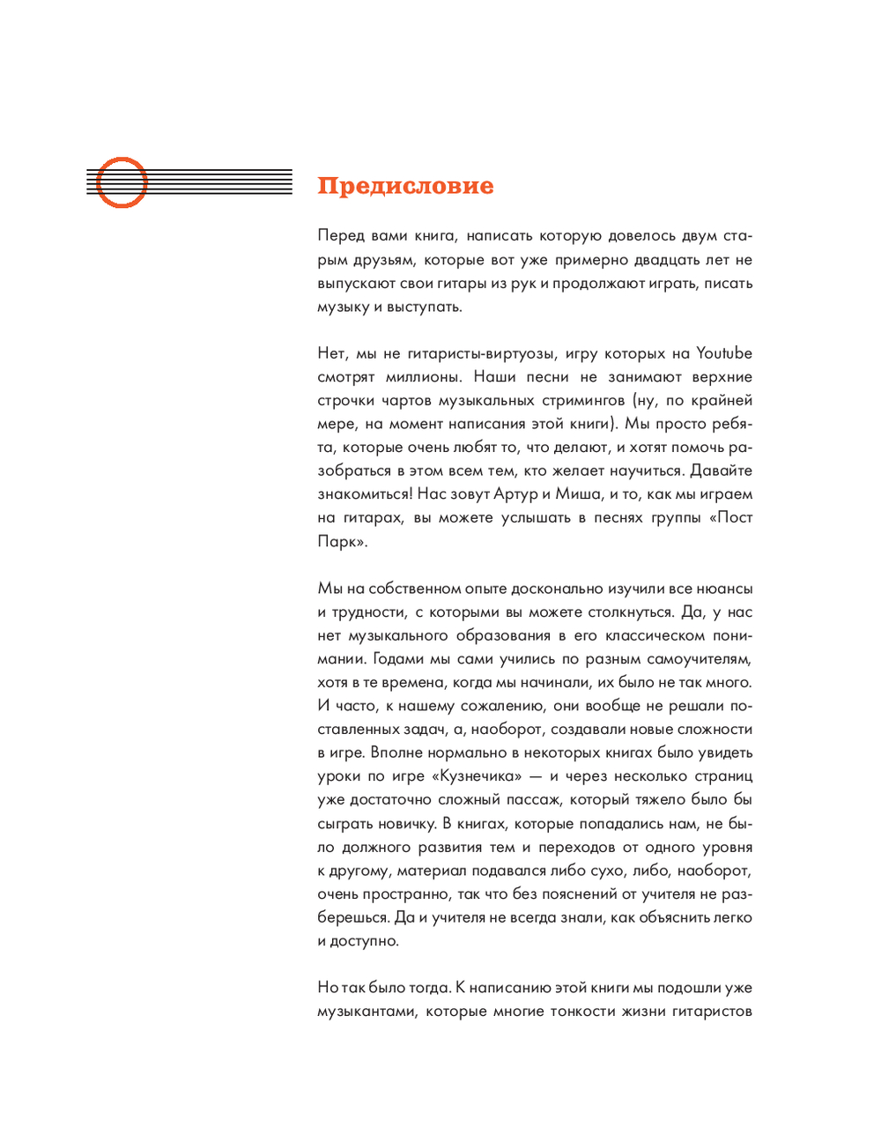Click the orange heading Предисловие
(405, 186)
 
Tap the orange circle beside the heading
(121, 182)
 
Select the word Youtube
(723, 353)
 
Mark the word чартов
(406, 401)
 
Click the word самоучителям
(700, 659)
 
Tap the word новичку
(401, 824)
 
